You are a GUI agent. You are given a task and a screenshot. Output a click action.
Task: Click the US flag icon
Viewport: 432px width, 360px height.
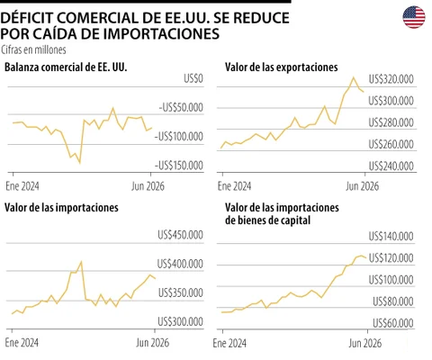tap(414, 17)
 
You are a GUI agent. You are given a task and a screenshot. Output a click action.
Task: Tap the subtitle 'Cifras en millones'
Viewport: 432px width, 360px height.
tap(33, 49)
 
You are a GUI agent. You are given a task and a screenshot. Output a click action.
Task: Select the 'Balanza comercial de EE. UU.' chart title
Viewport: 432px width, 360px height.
tap(66, 67)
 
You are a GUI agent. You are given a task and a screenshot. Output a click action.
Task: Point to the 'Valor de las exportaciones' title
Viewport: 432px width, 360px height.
tap(282, 67)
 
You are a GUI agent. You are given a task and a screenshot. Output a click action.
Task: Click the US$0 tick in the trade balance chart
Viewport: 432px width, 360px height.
tap(193, 78)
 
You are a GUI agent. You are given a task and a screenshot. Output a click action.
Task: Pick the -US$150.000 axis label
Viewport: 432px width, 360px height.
tap(179, 166)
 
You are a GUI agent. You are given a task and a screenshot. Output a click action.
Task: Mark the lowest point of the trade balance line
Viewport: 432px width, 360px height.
tap(80, 163)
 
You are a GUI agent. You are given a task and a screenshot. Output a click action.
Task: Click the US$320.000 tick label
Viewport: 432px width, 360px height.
tap(391, 79)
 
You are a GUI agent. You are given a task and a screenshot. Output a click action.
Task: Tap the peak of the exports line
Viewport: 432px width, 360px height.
tap(354, 77)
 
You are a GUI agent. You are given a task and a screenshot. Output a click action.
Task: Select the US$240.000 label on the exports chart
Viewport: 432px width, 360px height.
tap(391, 166)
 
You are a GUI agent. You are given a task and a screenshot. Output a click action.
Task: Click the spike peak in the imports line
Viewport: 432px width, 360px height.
tap(81, 262)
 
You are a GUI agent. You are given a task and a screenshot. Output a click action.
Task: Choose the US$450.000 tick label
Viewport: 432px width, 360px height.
tap(181, 235)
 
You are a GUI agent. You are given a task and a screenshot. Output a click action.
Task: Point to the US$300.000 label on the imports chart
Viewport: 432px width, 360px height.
tap(181, 322)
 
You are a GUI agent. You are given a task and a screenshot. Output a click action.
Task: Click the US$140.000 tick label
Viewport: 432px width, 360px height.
tap(391, 237)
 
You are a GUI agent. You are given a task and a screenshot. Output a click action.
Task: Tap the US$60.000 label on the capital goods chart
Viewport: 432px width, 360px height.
tap(393, 323)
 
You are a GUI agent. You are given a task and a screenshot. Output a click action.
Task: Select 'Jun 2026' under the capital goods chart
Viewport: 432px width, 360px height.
tap(365, 343)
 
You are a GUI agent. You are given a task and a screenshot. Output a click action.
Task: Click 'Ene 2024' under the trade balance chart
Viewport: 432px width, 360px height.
tap(22, 186)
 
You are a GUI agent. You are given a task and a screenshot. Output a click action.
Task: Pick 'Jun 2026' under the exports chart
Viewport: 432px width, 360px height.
tap(363, 186)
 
